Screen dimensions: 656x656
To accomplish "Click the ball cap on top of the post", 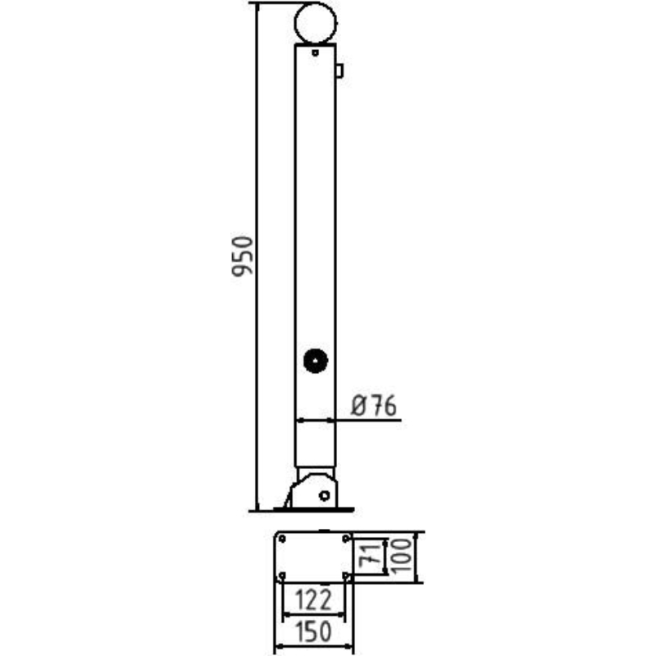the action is (x=315, y=3).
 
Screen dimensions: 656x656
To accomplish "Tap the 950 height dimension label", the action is (x=243, y=256).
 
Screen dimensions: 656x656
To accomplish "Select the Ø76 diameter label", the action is (x=374, y=405).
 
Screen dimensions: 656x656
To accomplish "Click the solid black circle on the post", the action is (x=316, y=361).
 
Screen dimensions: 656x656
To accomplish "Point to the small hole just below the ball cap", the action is (x=315, y=53).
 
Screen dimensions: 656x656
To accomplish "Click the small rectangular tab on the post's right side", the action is (x=339, y=71).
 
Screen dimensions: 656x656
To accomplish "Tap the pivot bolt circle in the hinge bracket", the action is (x=324, y=496).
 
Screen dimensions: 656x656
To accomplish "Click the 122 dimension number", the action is (x=314, y=599).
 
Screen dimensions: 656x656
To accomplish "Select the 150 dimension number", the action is (x=314, y=631).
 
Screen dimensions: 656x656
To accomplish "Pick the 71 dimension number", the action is (x=371, y=557).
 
